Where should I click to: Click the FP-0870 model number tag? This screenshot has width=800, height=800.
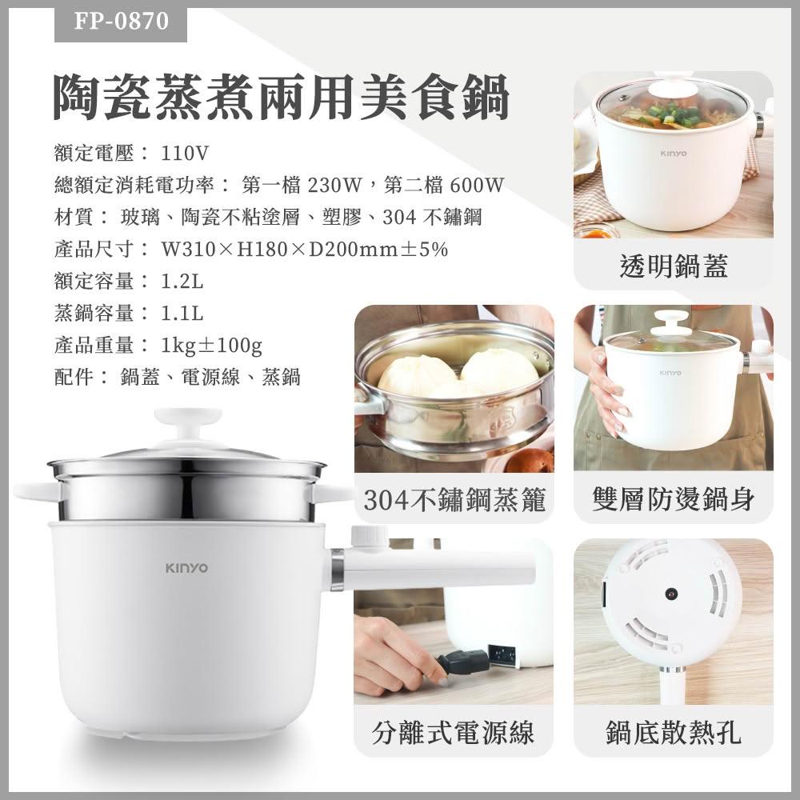tap(121, 22)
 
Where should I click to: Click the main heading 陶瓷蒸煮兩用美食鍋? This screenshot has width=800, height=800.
tap(281, 97)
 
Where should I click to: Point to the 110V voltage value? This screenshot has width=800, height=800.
tap(185, 153)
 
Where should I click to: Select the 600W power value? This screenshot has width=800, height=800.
tap(477, 185)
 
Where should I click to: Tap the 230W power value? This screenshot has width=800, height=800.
tap(334, 185)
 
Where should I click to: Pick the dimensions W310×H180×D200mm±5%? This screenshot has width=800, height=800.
tap(305, 249)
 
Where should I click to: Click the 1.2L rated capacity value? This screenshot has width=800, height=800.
tap(182, 281)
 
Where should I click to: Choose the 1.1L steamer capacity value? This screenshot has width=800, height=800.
tap(182, 314)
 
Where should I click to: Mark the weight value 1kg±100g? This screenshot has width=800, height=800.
tap(211, 346)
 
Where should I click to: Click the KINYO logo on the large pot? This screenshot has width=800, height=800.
tap(186, 568)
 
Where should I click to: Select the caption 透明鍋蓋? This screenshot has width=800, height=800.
tap(674, 266)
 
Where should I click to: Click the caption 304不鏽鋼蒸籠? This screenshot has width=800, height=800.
tap(454, 499)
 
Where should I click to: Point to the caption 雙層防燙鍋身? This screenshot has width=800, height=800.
tap(674, 499)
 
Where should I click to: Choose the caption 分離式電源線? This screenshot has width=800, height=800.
tap(454, 733)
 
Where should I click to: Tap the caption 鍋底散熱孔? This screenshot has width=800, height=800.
tap(674, 733)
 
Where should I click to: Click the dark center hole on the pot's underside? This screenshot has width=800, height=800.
tap(671, 594)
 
